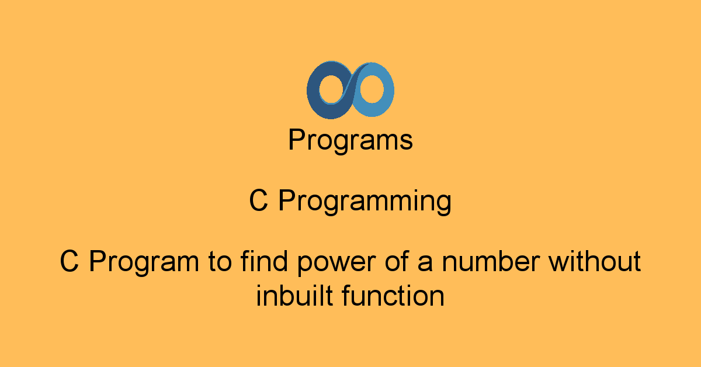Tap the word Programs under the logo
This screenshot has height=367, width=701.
coord(350,141)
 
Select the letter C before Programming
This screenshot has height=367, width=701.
coord(258,202)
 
